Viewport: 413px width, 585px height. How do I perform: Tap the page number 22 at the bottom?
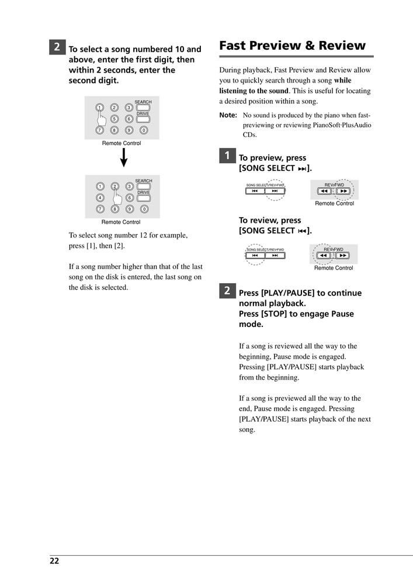(54, 561)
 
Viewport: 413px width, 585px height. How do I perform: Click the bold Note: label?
(228, 115)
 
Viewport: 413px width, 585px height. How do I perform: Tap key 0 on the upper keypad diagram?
(144, 130)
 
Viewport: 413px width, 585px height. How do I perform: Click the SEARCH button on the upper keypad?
(143, 108)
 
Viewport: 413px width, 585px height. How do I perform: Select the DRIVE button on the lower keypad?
(143, 198)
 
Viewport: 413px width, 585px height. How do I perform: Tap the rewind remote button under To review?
(324, 255)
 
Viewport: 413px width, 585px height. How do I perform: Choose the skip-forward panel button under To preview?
(275, 191)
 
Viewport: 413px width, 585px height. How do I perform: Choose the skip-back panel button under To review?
(255, 255)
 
